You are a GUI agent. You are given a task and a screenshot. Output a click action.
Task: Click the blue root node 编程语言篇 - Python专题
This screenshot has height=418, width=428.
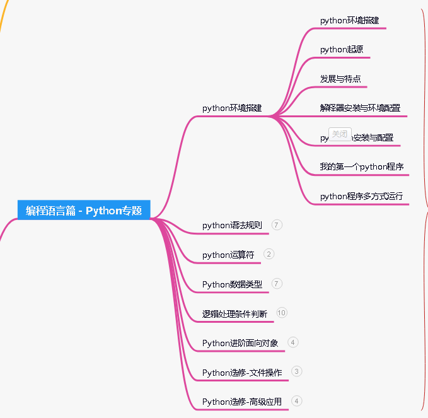coord(84,211)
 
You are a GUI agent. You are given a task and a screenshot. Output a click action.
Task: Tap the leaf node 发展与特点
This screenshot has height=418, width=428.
coord(340,79)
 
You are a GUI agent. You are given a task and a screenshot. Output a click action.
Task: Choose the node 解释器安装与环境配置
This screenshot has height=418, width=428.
coord(360,108)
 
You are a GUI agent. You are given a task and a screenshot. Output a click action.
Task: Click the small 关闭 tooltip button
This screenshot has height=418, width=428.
coord(340,134)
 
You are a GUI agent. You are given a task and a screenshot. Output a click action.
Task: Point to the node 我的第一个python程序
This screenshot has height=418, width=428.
coord(361,166)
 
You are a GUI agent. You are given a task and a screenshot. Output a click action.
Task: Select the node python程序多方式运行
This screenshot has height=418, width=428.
coord(361,196)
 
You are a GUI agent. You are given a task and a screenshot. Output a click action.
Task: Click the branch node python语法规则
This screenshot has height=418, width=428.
coord(232,225)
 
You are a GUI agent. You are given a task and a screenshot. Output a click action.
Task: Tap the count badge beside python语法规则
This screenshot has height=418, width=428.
coord(277,224)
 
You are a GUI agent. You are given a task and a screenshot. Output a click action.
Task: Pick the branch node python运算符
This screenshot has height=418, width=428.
coord(228,255)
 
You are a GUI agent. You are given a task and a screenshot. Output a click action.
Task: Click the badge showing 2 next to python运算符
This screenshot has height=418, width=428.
coord(269,254)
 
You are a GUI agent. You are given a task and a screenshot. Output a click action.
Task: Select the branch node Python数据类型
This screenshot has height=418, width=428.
coord(232,284)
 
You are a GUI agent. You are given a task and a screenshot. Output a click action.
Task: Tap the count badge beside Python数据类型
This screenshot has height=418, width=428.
coord(277,284)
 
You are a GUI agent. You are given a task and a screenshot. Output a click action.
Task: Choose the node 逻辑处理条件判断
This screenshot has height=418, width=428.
coord(234,314)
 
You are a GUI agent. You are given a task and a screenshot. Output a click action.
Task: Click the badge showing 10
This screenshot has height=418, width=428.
coord(282,313)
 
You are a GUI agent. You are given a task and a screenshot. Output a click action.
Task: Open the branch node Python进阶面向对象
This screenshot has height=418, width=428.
coord(240,343)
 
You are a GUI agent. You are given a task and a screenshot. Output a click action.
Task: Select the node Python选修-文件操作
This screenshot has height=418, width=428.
coord(242,373)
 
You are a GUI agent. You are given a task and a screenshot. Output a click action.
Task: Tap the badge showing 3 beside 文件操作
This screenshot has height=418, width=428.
coord(297,371)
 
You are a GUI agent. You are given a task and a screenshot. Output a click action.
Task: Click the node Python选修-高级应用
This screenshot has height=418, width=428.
coord(242,402)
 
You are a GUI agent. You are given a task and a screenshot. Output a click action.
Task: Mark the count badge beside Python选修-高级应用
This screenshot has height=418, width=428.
coord(297,401)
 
